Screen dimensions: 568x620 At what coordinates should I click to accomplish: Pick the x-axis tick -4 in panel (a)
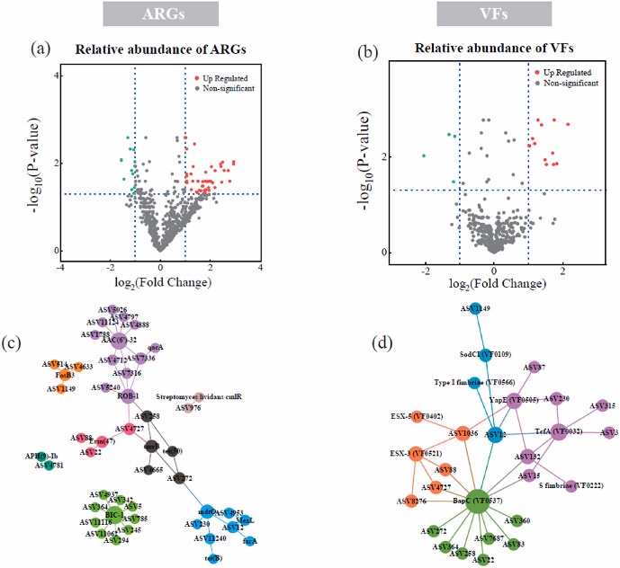[61, 267]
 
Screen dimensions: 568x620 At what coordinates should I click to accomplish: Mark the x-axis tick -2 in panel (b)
[425, 271]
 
